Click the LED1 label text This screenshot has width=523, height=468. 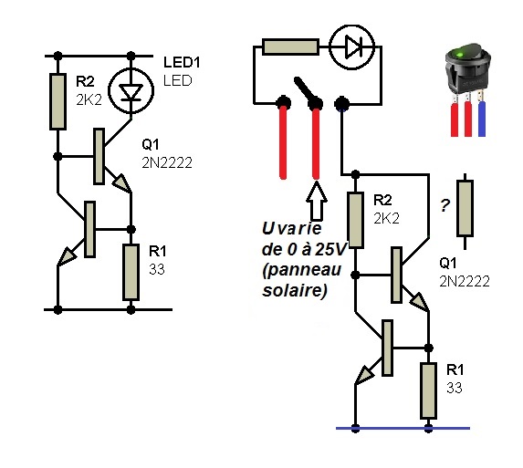click(182, 62)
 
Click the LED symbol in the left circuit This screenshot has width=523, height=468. click(131, 90)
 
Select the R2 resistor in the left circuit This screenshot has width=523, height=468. click(58, 101)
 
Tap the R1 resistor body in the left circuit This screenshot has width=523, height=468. click(131, 273)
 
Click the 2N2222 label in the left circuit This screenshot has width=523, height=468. click(167, 163)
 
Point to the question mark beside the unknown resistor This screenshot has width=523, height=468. click(445, 205)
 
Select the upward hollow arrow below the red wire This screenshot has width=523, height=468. click(317, 202)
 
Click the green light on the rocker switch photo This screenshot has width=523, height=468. click(460, 54)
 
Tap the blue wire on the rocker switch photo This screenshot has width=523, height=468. click(482, 119)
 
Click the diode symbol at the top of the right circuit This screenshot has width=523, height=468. click(352, 47)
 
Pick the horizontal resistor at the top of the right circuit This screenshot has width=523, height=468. click(290, 47)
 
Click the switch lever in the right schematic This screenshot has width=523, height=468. click(306, 90)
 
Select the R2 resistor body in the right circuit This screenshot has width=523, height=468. click(356, 220)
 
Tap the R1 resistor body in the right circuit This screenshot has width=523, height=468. click(429, 390)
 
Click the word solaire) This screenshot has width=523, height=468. click(295, 290)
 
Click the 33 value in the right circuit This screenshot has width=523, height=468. click(455, 388)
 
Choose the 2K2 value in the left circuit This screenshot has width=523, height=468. click(89, 99)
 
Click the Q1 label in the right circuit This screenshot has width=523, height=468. click(448, 264)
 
